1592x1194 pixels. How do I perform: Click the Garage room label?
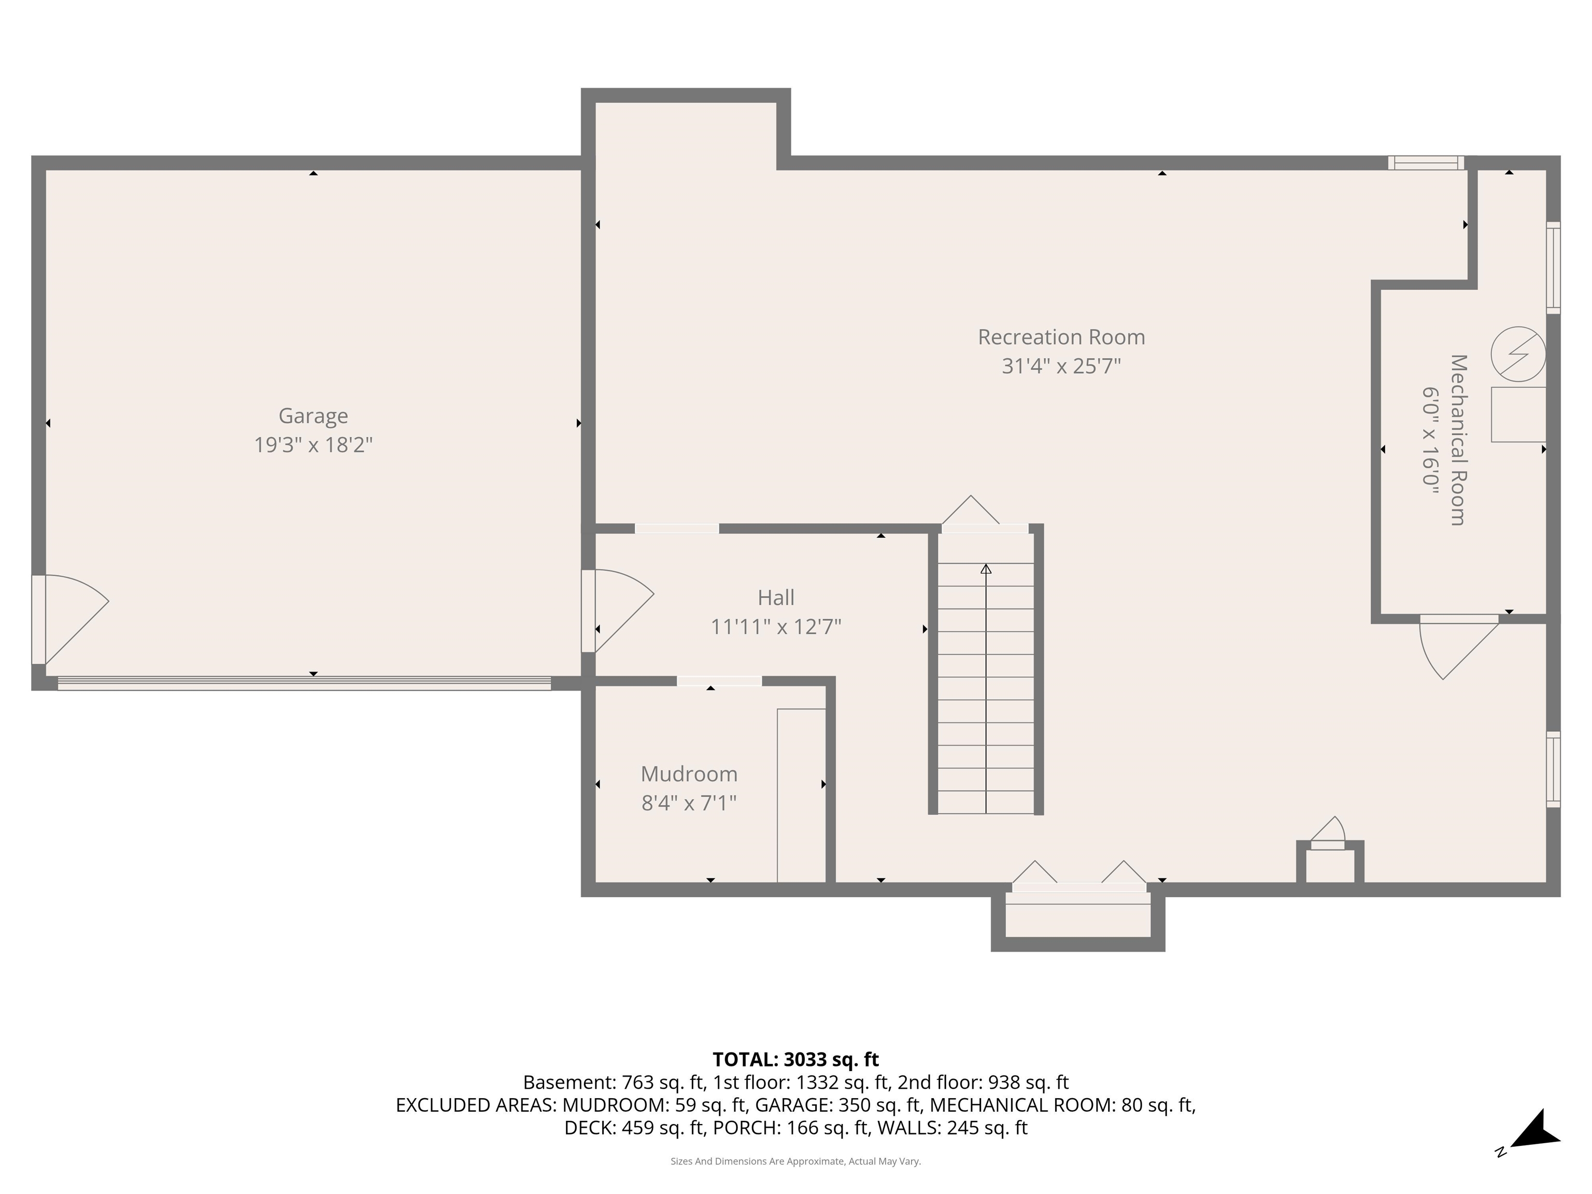click(x=313, y=416)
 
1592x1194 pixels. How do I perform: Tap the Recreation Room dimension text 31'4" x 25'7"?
click(x=1061, y=366)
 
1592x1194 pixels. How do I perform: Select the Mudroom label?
click(x=689, y=774)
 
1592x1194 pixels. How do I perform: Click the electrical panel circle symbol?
click(x=1517, y=354)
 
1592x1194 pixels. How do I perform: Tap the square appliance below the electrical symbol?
click(x=1517, y=415)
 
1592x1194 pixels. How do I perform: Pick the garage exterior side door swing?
click(x=72, y=615)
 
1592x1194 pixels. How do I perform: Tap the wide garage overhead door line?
click(x=304, y=684)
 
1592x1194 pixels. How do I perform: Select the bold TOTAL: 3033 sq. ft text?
click(x=795, y=1059)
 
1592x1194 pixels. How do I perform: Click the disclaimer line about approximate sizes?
click(x=795, y=1161)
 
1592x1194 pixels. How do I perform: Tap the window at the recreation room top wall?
click(x=1425, y=163)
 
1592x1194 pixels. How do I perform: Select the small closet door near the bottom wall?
click(x=1328, y=835)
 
